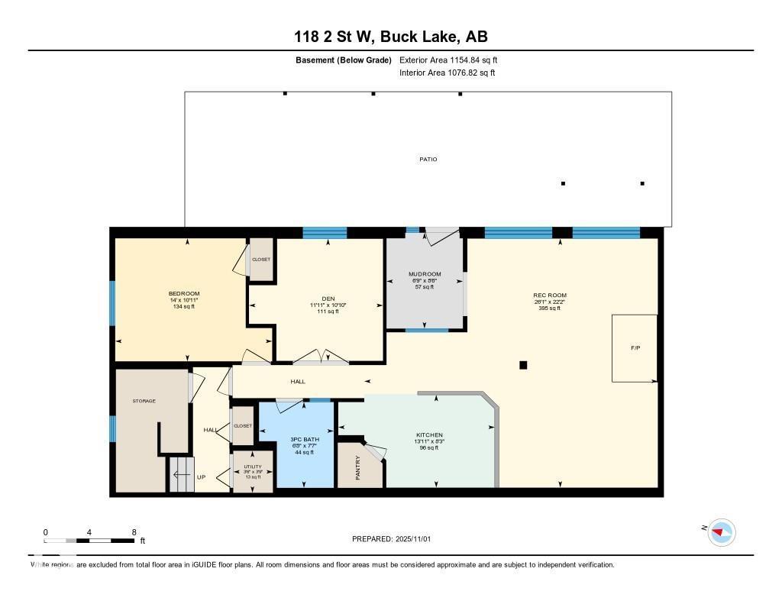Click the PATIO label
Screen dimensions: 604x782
coord(428,160)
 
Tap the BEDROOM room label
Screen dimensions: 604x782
coord(184,294)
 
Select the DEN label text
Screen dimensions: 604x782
coord(328,299)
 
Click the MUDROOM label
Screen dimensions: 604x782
coord(425,274)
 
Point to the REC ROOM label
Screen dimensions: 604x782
coord(549,296)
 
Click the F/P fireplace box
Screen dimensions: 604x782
coord(634,348)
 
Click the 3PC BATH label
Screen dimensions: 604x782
coord(303,441)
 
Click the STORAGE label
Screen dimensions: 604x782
coord(144,401)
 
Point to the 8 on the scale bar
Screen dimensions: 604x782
coord(134,532)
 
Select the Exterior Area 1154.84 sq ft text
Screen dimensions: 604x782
coord(448,60)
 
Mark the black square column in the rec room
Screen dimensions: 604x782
coord(523,365)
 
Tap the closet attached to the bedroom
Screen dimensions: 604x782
coord(261,260)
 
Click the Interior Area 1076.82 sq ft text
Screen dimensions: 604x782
coord(447,73)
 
